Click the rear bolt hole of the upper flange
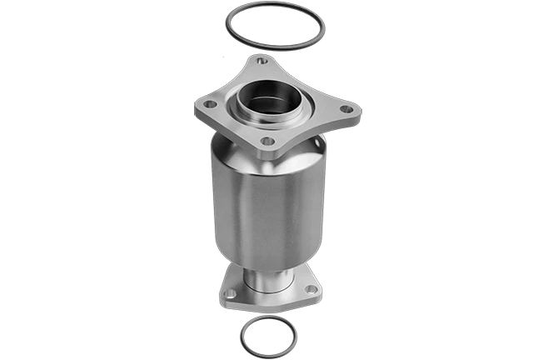pyautogui.click(x=262, y=61)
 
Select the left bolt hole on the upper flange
pyautogui.click(x=211, y=105)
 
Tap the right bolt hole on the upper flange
pyautogui.click(x=346, y=110)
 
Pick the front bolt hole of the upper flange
pyautogui.click(x=267, y=141)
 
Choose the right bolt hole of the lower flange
pyautogui.click(x=311, y=290)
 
